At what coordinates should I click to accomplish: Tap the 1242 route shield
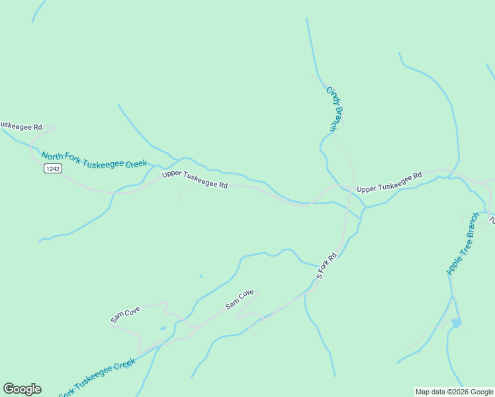click(x=53, y=169)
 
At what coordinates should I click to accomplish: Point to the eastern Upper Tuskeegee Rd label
click(x=389, y=183)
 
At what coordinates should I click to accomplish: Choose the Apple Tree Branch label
click(x=463, y=244)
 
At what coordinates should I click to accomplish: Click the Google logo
click(x=22, y=389)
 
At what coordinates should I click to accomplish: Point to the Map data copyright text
click(x=454, y=392)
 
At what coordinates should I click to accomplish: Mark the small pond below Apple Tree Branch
click(x=456, y=323)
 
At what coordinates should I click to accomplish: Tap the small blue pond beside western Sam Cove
click(x=163, y=328)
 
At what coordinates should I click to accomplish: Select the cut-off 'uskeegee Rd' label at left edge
click(x=21, y=126)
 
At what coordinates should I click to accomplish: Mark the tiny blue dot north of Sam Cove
click(x=201, y=277)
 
